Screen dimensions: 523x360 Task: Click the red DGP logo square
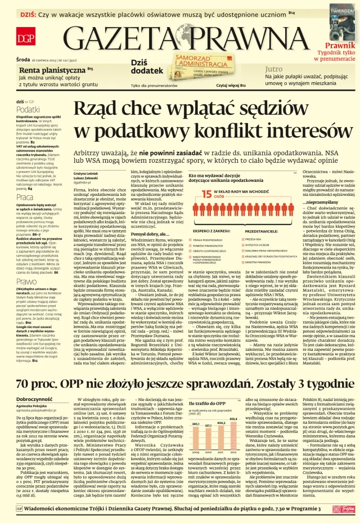(26, 38)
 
